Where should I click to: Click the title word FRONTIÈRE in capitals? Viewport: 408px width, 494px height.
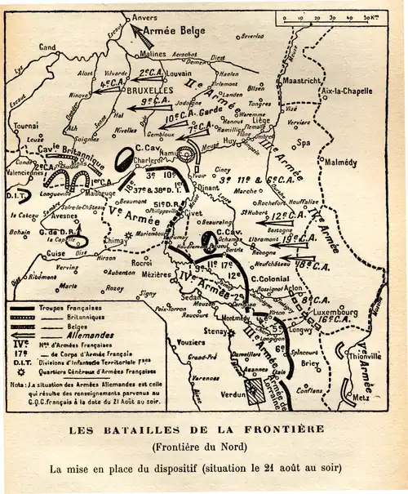274,429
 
